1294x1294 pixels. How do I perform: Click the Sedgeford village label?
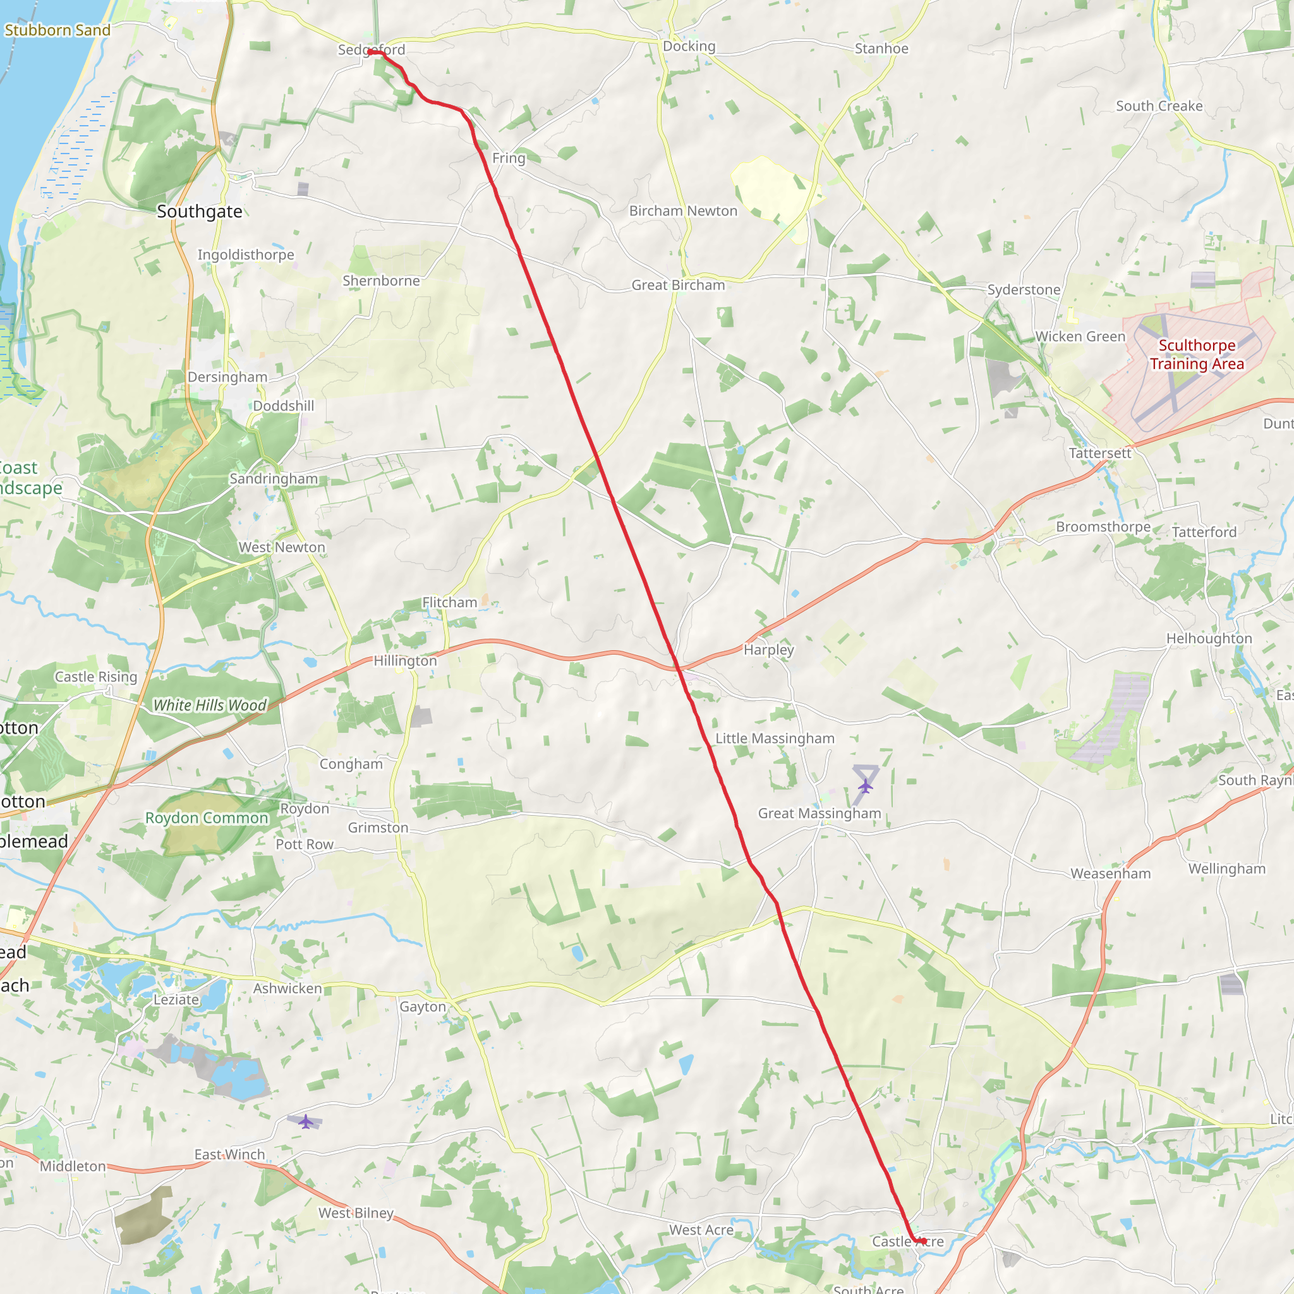click(371, 49)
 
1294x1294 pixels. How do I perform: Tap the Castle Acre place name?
click(907, 1241)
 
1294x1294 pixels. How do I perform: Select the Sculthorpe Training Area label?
click(1197, 354)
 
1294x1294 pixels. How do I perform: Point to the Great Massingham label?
click(819, 813)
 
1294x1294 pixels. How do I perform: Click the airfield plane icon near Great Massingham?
click(866, 785)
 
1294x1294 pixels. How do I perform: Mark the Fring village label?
click(509, 158)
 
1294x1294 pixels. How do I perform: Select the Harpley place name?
click(769, 650)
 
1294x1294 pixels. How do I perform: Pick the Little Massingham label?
click(775, 738)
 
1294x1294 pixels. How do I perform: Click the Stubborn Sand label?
click(57, 30)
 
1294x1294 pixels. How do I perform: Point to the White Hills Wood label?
click(210, 705)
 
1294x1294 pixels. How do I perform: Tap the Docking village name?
click(689, 46)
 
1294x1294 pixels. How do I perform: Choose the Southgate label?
click(200, 212)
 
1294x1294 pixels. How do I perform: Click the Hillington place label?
click(405, 661)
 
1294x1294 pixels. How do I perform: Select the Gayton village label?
click(423, 1007)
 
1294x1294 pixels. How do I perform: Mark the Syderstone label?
click(1024, 289)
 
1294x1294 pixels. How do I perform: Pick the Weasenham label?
click(1111, 873)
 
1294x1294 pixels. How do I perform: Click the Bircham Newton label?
click(683, 211)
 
